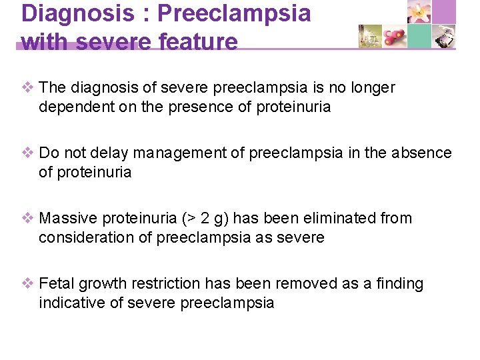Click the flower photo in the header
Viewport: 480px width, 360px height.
[x=419, y=13]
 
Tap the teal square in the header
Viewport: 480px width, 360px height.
[x=419, y=37]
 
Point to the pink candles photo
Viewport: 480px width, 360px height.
[x=395, y=37]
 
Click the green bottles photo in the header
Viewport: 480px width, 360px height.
[x=370, y=37]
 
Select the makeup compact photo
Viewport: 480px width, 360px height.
[x=444, y=37]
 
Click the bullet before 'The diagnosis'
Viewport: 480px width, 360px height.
[x=28, y=88]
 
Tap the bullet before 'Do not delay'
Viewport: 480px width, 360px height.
[x=28, y=153]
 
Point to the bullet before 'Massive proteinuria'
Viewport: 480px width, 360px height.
[x=28, y=219]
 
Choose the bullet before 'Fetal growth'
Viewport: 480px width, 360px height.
[x=28, y=284]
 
